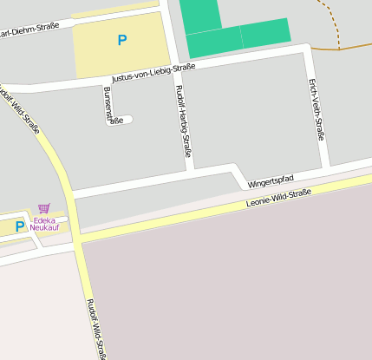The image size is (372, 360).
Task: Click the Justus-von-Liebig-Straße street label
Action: (x=153, y=72)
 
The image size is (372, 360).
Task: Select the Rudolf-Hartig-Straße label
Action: (x=183, y=121)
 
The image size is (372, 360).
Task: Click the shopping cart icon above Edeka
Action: (x=43, y=208)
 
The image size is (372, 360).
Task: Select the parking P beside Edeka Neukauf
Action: (x=20, y=226)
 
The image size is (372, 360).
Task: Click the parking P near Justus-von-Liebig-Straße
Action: (x=121, y=40)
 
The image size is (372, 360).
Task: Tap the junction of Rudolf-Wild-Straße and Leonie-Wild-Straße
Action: (x=76, y=237)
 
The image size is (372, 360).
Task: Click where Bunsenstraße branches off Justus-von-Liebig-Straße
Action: (x=104, y=81)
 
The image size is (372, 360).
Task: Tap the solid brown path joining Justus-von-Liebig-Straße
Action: (x=343, y=48)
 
